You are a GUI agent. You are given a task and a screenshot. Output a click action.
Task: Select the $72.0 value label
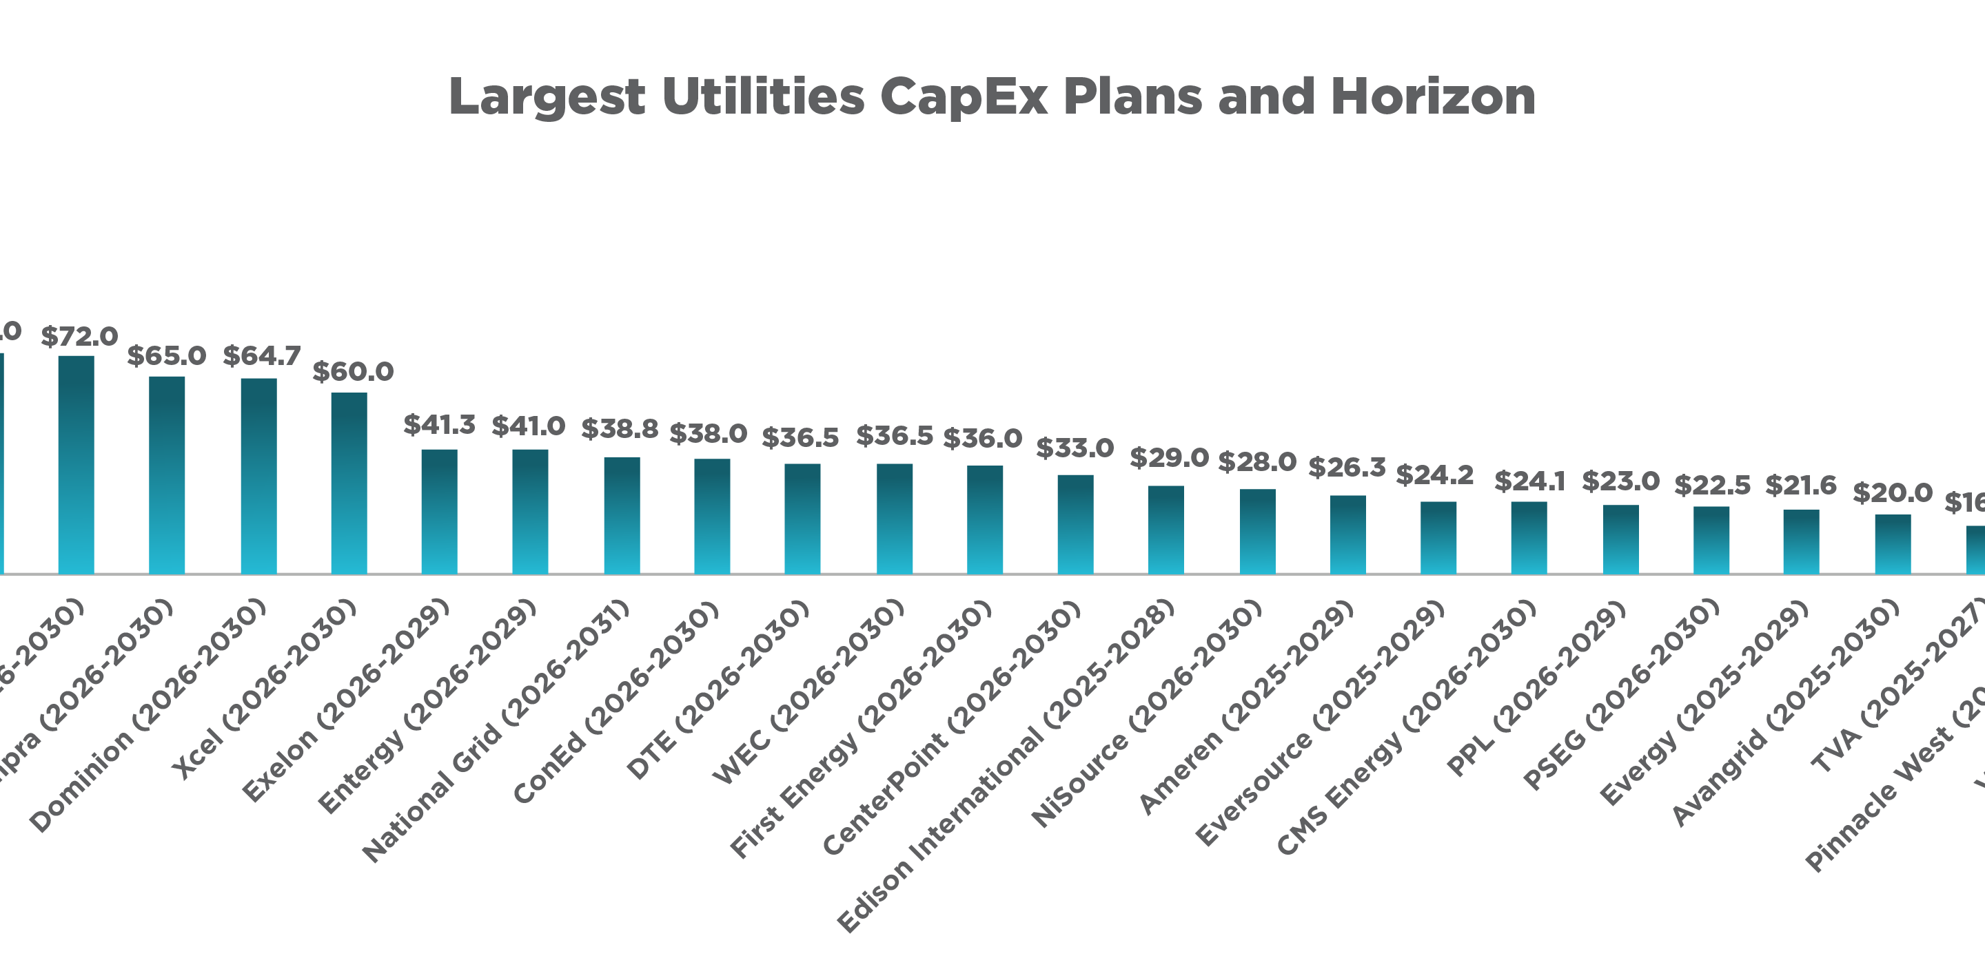[x=79, y=337]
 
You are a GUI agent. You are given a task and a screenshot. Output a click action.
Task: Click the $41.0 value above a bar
[x=528, y=426]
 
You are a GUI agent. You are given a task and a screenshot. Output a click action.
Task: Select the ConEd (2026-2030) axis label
[x=615, y=702]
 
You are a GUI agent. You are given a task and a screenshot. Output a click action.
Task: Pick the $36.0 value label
[x=981, y=438]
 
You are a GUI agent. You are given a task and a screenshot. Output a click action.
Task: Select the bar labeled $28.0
[x=1256, y=531]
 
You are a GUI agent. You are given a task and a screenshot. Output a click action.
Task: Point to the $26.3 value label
[x=1346, y=468]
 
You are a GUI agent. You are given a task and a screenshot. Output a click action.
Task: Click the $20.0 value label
[x=1892, y=493]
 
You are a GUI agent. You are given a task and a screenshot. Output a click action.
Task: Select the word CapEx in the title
[x=964, y=97]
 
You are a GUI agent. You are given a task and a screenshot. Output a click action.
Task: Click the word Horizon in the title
[x=1432, y=97]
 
